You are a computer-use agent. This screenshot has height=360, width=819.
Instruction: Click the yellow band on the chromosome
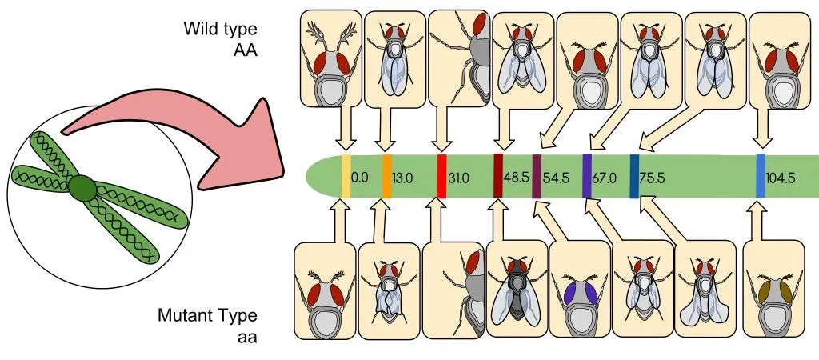(346, 176)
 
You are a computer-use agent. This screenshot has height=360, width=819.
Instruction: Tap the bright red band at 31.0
(441, 176)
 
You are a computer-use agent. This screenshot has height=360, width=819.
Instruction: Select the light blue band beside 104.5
(761, 176)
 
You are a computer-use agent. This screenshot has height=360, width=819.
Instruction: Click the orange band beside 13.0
(387, 176)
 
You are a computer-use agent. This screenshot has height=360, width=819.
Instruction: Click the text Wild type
(220, 30)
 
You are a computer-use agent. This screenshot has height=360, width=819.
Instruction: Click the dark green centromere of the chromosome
(82, 189)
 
